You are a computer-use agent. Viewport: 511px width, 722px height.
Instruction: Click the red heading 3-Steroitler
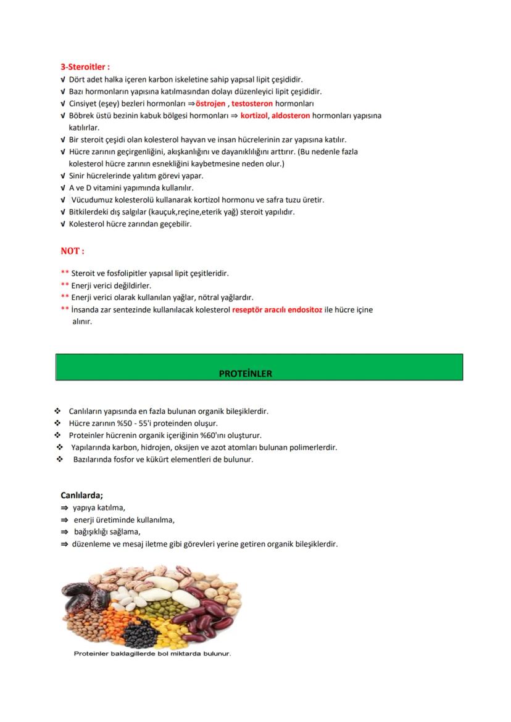coord(85,67)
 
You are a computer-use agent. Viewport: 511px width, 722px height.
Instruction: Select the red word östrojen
coord(210,104)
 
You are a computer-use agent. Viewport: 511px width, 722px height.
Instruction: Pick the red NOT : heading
coord(72,251)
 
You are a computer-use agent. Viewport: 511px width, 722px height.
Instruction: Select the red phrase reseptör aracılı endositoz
coord(277,310)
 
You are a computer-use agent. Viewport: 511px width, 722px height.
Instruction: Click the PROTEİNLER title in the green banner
coord(245,374)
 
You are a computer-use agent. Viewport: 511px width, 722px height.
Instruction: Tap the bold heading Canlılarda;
coord(81,495)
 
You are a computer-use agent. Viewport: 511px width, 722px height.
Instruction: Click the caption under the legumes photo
coord(152,654)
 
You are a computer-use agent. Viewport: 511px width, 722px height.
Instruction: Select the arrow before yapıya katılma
coord(64,508)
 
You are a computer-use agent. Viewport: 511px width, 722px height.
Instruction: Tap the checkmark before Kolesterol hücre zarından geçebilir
coord(64,224)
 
